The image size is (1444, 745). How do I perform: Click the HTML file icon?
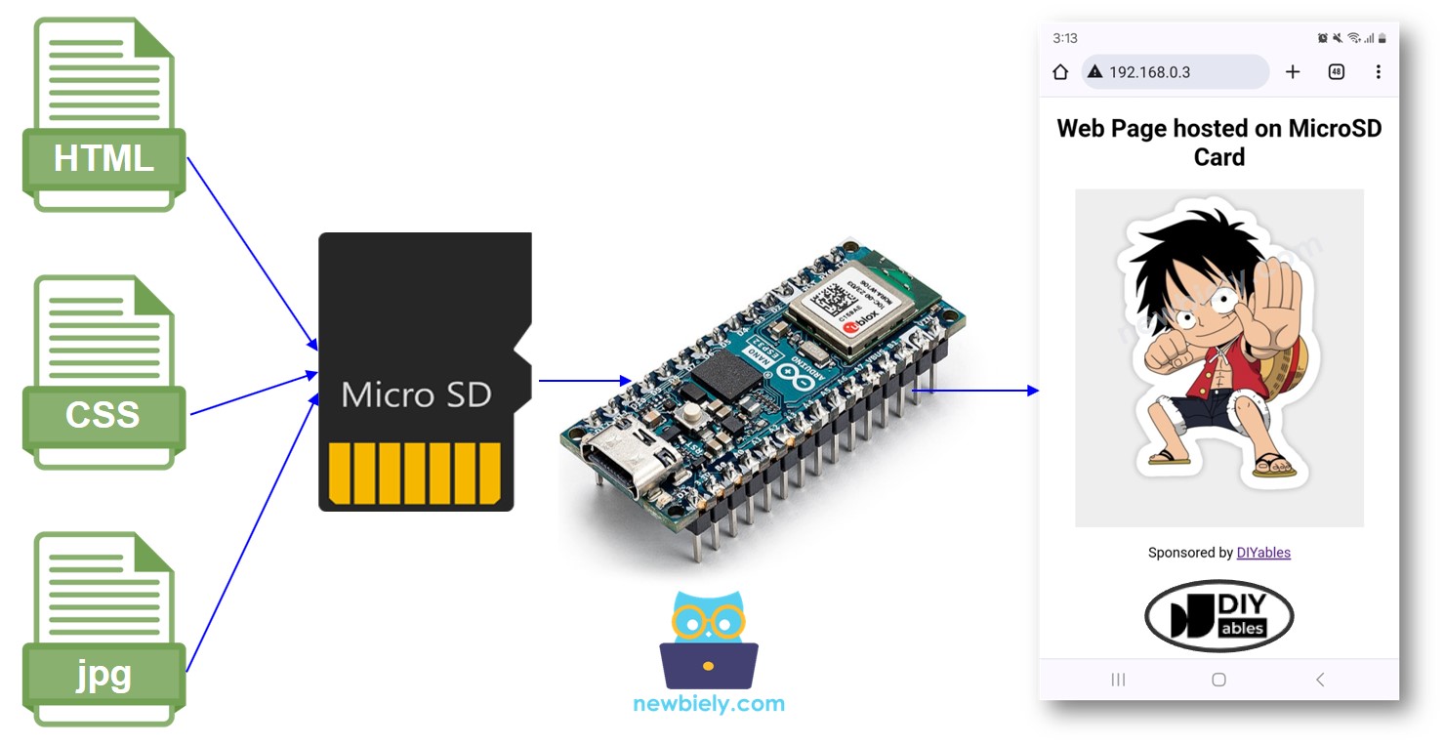[x=103, y=114]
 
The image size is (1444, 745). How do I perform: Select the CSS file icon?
[x=103, y=372]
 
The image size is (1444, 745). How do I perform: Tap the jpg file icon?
[x=103, y=629]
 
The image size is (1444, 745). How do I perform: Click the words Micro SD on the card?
[x=417, y=394]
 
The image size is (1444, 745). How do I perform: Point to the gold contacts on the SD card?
[x=415, y=473]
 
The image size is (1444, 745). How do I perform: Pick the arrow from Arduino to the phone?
[x=976, y=391]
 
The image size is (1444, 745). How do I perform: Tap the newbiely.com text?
[x=709, y=704]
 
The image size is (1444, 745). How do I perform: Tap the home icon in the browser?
[x=1060, y=72]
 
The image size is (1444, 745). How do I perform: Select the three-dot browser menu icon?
[x=1378, y=72]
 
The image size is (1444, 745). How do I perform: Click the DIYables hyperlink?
[x=1263, y=553]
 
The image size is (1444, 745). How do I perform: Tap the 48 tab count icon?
[x=1336, y=72]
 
